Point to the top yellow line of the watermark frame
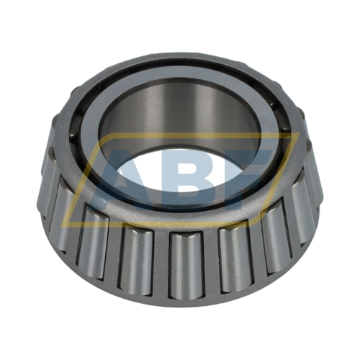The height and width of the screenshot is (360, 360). [x=180, y=134]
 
